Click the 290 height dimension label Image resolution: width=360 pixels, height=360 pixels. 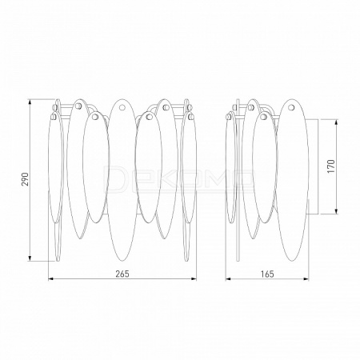tap(25, 179)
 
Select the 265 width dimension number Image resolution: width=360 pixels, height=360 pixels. tap(122, 274)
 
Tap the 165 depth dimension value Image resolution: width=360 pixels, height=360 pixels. tap(267, 274)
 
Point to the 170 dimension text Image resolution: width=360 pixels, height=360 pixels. tap(330, 166)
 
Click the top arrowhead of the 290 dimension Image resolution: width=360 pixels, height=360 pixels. tap(30, 102)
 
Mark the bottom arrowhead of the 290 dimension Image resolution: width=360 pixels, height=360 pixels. tap(30, 258)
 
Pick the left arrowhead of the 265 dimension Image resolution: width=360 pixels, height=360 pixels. tap(51, 279)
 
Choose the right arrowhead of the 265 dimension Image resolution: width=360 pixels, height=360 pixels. tap(193, 279)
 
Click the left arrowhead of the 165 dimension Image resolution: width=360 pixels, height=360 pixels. tap(229, 279)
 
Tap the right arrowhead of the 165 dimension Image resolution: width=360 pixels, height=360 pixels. tap(306, 279)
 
